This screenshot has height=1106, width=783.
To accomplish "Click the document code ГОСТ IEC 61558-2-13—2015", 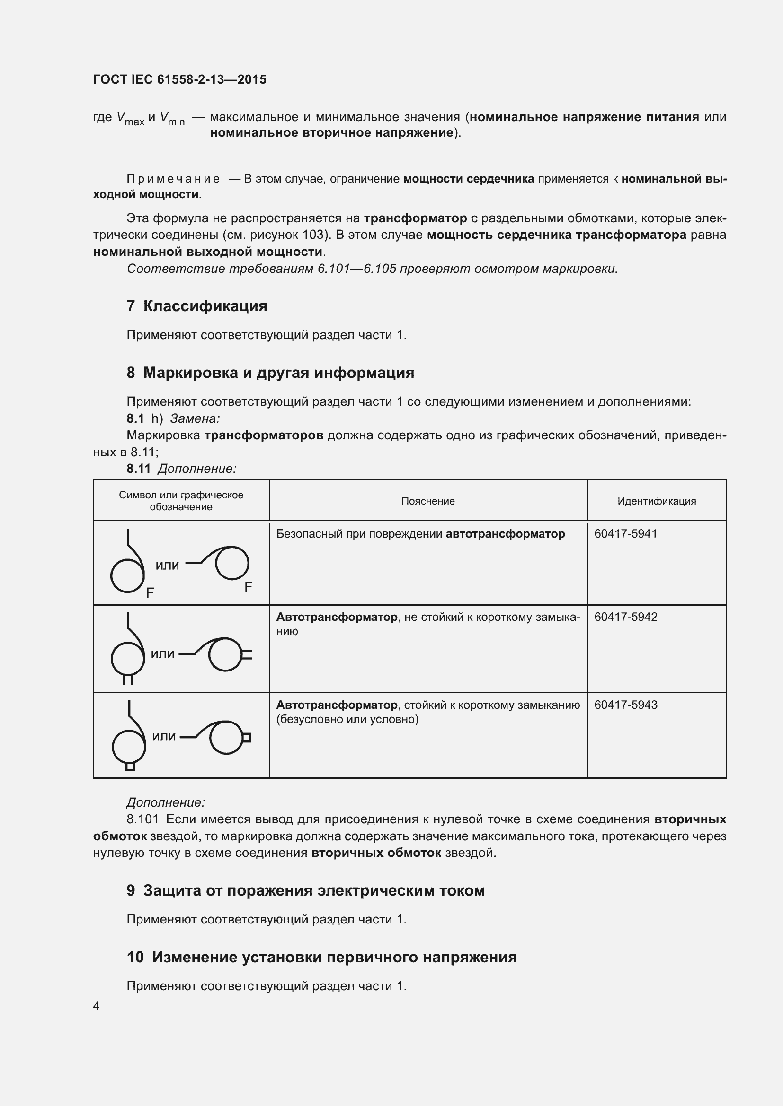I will pyautogui.click(x=179, y=79).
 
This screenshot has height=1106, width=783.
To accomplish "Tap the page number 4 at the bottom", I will pyautogui.click(x=97, y=1006).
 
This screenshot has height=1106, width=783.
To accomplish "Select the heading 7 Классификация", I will pyautogui.click(x=197, y=306).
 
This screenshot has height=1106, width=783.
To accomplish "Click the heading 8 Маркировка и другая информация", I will pyautogui.click(x=270, y=372).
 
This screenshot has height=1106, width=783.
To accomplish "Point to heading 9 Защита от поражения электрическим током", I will pyautogui.click(x=306, y=890).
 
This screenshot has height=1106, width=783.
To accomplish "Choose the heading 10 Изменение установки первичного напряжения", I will pyautogui.click(x=321, y=957).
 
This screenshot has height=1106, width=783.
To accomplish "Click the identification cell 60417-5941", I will pyautogui.click(x=625, y=534).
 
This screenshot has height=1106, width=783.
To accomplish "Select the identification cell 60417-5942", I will pyautogui.click(x=625, y=617).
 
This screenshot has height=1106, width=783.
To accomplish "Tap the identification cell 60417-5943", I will pyautogui.click(x=625, y=705).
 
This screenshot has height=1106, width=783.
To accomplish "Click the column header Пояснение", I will pyautogui.click(x=427, y=501).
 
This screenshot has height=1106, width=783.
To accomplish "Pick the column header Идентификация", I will pyautogui.click(x=657, y=501).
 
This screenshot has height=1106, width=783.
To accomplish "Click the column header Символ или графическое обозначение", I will pyautogui.click(x=181, y=500).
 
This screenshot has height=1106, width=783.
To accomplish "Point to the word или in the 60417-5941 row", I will pyautogui.click(x=167, y=566).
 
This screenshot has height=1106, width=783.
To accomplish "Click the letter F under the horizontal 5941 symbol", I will pyautogui.click(x=249, y=587).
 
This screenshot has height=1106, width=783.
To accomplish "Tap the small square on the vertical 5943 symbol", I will pyautogui.click(x=130, y=766).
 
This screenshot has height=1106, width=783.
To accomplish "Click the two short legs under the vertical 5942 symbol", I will pyautogui.click(x=128, y=679).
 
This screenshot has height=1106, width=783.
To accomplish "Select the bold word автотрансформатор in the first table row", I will pyautogui.click(x=505, y=534).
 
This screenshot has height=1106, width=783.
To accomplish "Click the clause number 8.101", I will pyautogui.click(x=142, y=819).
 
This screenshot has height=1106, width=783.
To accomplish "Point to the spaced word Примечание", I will pyautogui.click(x=173, y=179).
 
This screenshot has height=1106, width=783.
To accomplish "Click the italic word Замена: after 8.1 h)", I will pyautogui.click(x=195, y=418).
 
